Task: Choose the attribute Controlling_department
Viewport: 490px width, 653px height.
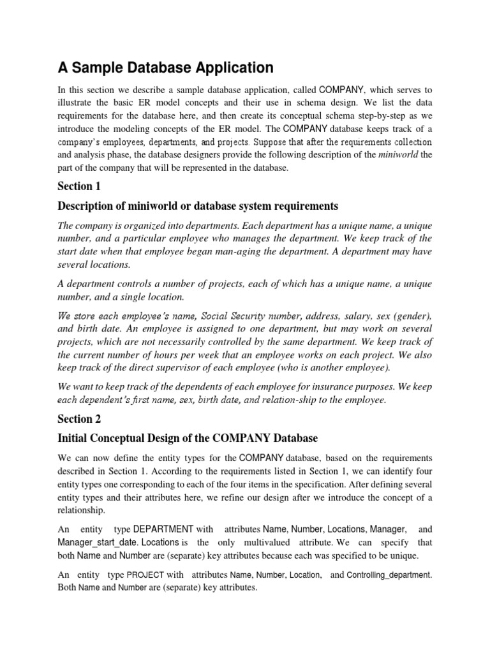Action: (x=390, y=575)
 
